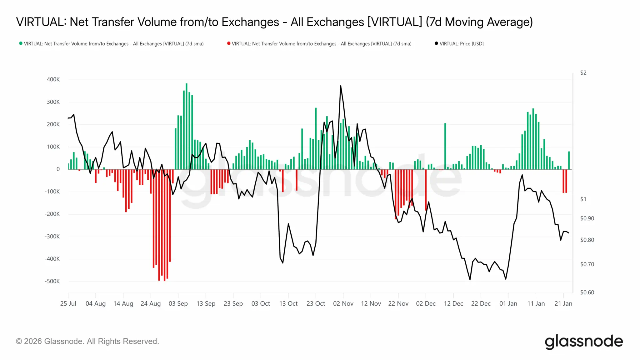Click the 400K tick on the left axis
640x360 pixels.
point(53,79)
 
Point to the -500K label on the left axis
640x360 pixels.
point(52,281)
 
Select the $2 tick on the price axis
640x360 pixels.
point(583,73)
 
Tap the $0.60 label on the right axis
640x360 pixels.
point(587,292)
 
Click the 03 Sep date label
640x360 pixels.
point(178,304)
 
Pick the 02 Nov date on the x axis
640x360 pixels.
point(343,304)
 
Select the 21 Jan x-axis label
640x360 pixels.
point(563,304)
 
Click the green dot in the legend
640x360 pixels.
point(21,43)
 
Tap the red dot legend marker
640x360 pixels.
point(229,43)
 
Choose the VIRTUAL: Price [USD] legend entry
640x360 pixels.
point(461,44)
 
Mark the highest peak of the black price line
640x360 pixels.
point(340,86)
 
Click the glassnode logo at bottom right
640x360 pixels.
point(584,342)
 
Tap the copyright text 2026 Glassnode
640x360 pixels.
point(87,341)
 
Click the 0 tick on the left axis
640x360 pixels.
point(58,169)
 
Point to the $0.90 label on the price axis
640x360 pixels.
point(587,218)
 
